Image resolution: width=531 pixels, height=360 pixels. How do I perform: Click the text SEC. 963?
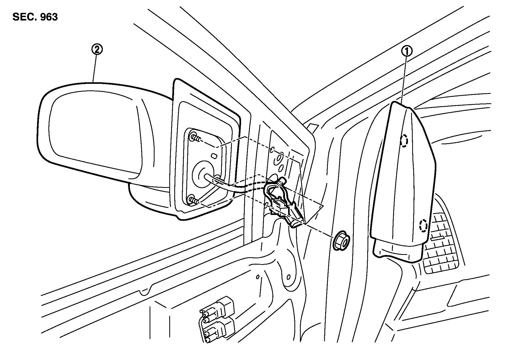(35, 17)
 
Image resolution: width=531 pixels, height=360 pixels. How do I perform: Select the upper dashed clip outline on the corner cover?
(404, 141)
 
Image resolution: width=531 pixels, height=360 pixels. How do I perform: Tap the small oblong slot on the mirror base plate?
(214, 156)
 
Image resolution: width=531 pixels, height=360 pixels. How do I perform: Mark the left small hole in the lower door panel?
(258, 277)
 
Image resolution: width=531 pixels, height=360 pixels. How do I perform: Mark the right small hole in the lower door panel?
(288, 277)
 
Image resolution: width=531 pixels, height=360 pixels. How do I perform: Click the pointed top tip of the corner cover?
(397, 103)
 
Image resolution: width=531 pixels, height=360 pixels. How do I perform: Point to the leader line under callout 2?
(95, 68)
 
